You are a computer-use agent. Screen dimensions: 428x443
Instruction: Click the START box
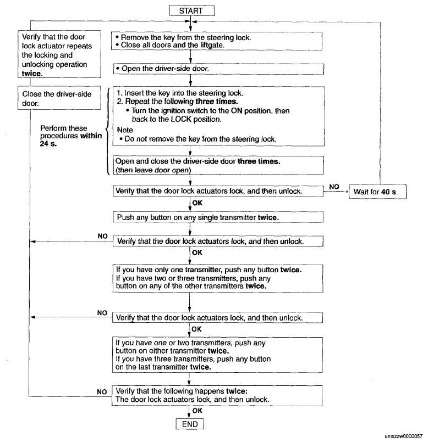point(191,11)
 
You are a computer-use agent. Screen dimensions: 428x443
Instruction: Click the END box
point(190,424)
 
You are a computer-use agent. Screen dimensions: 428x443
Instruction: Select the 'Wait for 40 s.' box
point(377,192)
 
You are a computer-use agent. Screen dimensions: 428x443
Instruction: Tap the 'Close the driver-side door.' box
point(59,98)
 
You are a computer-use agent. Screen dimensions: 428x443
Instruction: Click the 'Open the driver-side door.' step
point(218,69)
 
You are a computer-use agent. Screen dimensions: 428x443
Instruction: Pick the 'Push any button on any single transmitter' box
point(218,217)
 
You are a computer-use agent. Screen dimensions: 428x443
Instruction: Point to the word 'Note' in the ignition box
point(125,130)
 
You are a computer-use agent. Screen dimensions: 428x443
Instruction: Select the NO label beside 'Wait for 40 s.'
point(334,187)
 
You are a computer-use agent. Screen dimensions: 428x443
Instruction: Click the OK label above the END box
point(197,411)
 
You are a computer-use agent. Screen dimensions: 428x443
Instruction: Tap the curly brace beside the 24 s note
point(108,131)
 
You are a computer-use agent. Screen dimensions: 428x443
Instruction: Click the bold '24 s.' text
point(48,144)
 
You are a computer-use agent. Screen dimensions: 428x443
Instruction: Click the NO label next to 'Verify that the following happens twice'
point(102,392)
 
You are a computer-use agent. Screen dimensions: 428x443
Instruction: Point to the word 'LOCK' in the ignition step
point(182,119)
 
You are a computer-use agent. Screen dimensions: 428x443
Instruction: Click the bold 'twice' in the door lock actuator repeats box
point(31,74)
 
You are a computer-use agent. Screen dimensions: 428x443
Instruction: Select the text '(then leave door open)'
point(153,170)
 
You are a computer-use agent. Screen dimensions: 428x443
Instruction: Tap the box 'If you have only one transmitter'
point(218,278)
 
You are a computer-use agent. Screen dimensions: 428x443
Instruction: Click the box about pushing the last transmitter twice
point(217,355)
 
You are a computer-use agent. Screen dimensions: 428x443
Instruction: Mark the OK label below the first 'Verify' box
point(197,203)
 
